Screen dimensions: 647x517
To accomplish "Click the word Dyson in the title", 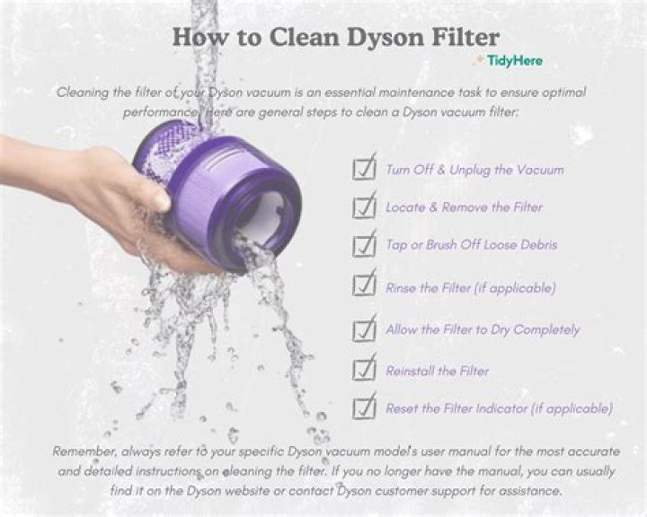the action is click(x=385, y=37).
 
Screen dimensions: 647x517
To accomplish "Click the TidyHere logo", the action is click(x=510, y=61).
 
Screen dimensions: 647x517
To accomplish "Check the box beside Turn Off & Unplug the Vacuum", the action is click(x=364, y=167).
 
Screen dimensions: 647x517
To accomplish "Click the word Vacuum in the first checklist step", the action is click(x=540, y=170).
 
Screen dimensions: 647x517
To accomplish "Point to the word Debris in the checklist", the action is click(x=538, y=245).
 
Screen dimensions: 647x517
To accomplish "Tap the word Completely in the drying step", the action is click(x=546, y=329).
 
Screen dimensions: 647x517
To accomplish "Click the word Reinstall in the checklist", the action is click(x=410, y=371).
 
